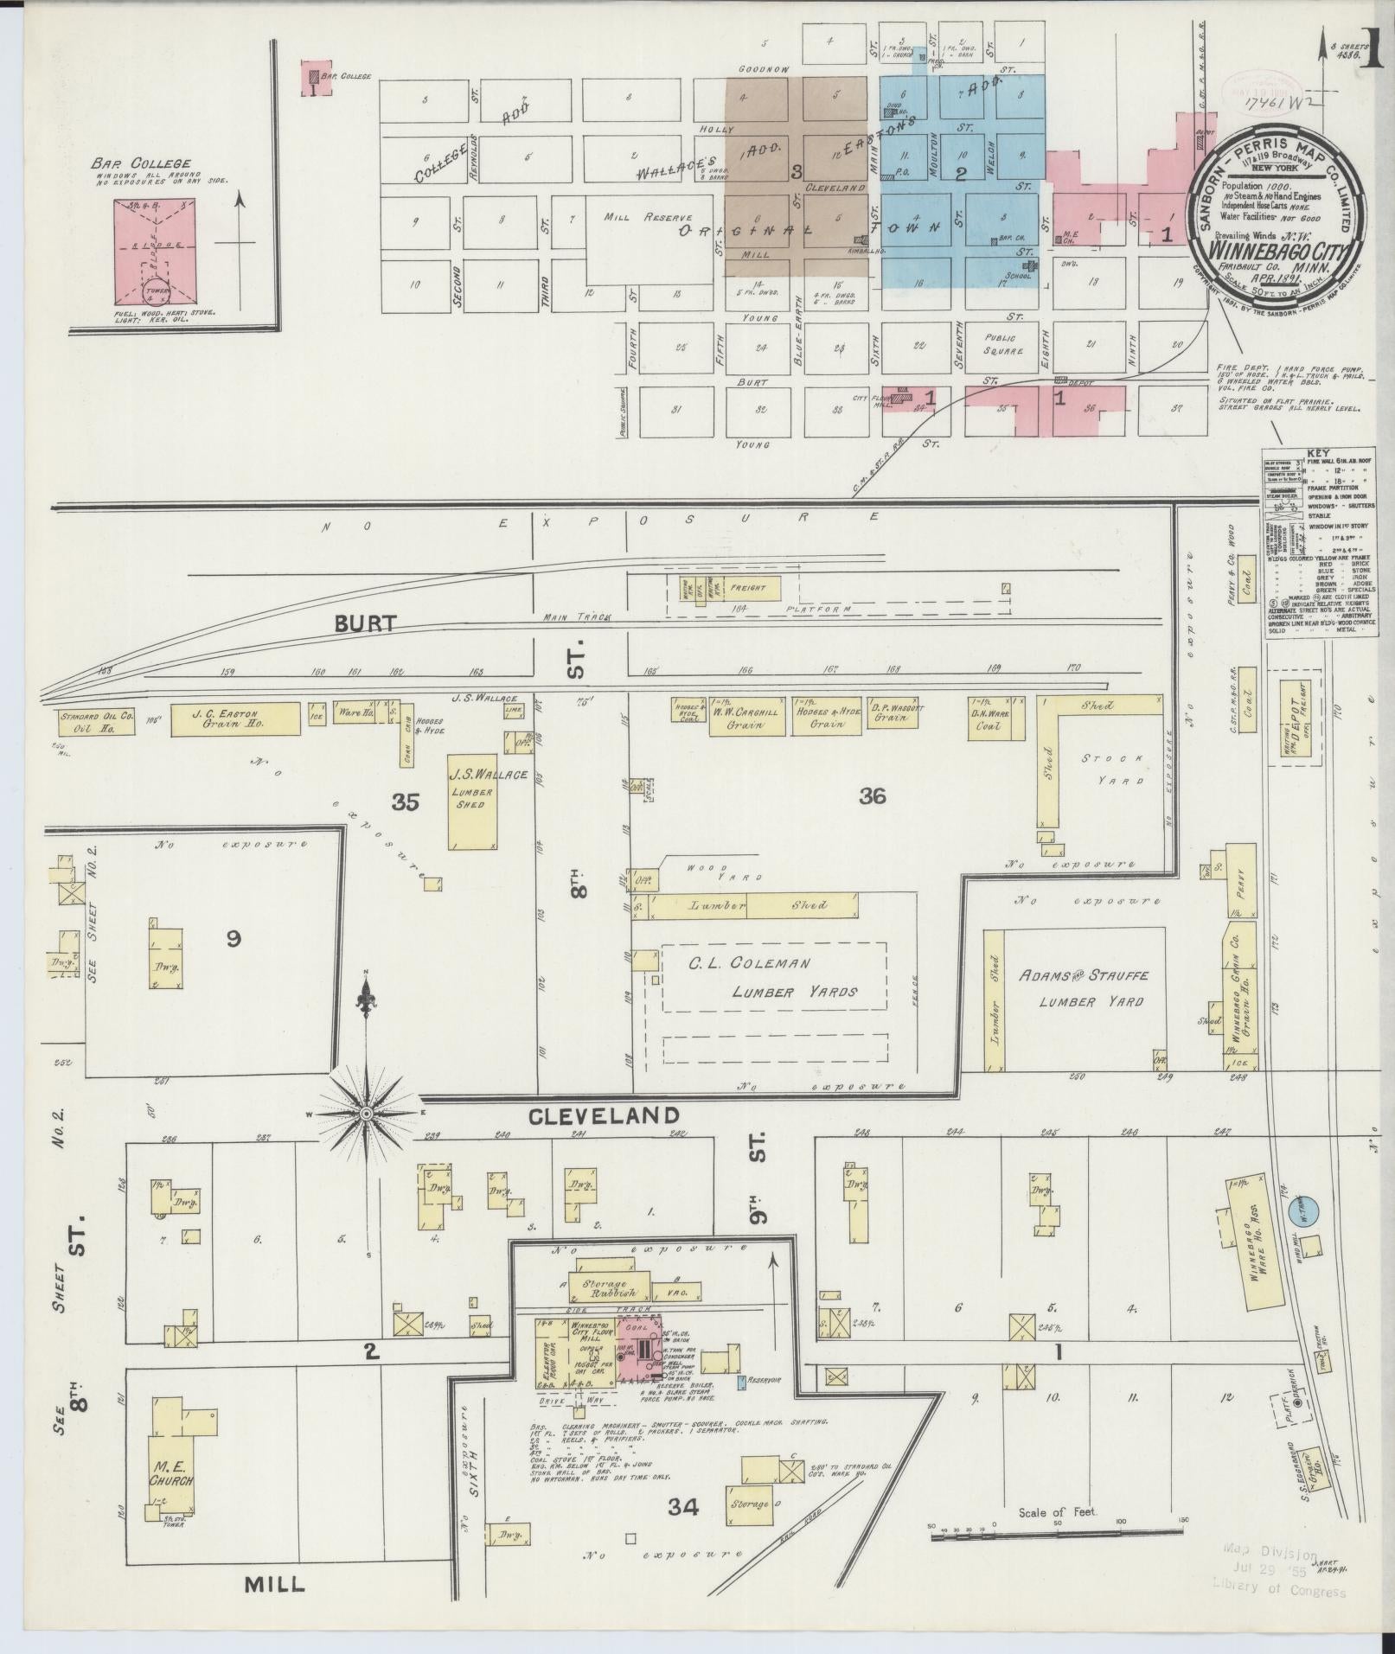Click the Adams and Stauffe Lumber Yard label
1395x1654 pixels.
click(1083, 988)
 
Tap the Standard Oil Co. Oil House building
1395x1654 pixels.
click(97, 721)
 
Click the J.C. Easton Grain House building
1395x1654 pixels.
click(234, 719)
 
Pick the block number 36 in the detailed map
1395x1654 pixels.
click(873, 796)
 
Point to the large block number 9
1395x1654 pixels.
click(234, 938)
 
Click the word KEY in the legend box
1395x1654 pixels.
click(1318, 452)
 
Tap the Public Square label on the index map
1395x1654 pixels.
click(999, 344)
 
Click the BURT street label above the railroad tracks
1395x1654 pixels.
click(367, 623)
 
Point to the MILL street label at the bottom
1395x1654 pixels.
click(274, 1584)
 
